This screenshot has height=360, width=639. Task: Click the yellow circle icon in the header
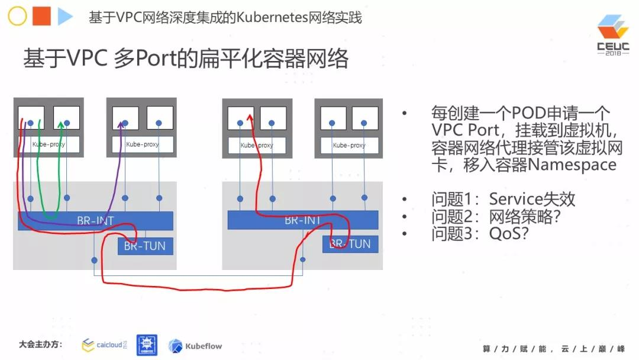pyautogui.click(x=17, y=17)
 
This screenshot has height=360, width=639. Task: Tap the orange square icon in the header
pyautogui.click(x=41, y=17)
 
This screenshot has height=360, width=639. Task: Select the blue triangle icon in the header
pyautogui.click(x=64, y=17)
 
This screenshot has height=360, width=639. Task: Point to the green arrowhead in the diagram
pyautogui.click(x=62, y=124)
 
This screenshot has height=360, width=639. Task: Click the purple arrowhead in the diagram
pyautogui.click(x=122, y=124)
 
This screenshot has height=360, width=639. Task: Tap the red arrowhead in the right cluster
pyautogui.click(x=249, y=119)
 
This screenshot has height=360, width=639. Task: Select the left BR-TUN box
pyautogui.click(x=146, y=246)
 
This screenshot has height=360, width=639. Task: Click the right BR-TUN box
pyautogui.click(x=350, y=243)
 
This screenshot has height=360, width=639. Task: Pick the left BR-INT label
pyautogui.click(x=95, y=221)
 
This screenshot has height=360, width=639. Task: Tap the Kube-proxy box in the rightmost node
pyautogui.click(x=349, y=145)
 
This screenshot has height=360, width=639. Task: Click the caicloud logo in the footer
pyautogui.click(x=104, y=345)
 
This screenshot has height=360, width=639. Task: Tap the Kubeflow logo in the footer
pyautogui.click(x=195, y=345)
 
